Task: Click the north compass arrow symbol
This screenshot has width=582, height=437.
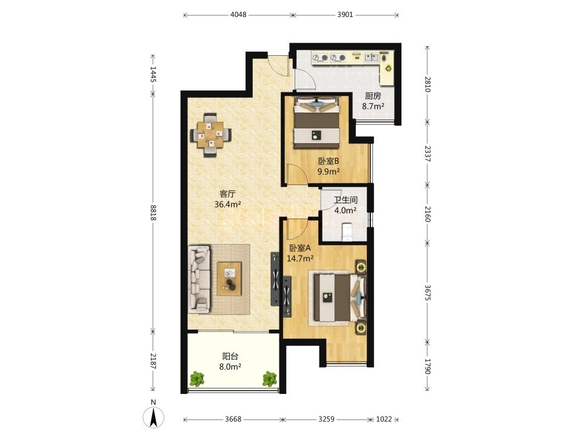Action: click(x=153, y=417)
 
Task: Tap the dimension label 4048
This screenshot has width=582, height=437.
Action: click(x=238, y=15)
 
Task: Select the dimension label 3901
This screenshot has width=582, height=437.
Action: click(x=345, y=15)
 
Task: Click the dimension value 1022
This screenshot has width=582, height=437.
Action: click(x=384, y=419)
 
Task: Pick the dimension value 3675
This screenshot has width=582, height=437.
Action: click(x=427, y=293)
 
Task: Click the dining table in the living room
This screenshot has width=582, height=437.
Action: click(x=210, y=135)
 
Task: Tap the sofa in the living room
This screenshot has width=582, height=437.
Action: click(x=199, y=278)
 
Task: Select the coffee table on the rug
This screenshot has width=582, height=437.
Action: click(x=229, y=279)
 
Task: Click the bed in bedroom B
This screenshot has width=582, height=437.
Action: click(x=316, y=122)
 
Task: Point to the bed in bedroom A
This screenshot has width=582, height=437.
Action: click(x=339, y=297)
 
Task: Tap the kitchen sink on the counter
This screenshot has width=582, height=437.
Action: click(x=371, y=57)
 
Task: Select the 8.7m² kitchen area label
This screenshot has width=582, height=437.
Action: click(x=373, y=106)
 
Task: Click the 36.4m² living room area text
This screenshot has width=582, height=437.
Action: click(x=228, y=204)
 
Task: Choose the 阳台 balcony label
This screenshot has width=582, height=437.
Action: click(x=230, y=356)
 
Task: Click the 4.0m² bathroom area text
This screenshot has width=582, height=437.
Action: click(x=346, y=211)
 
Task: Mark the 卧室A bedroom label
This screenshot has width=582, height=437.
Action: click(x=300, y=248)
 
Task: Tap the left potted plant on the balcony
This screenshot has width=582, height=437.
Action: click(x=196, y=379)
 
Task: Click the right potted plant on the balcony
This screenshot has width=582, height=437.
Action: click(x=270, y=379)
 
